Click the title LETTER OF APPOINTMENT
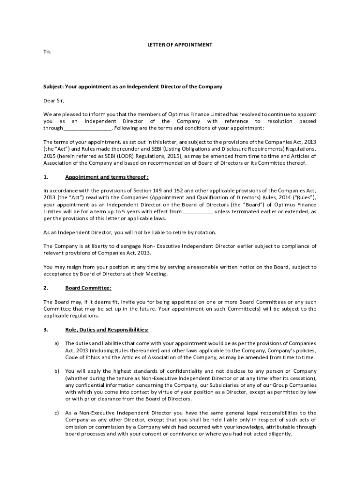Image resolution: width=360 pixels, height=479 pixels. pyautogui.click(x=180, y=45)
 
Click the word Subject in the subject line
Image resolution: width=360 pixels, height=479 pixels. pyautogui.click(x=53, y=87)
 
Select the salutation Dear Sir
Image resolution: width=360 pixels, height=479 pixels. pyautogui.click(x=54, y=101)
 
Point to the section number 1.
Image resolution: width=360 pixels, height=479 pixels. pyautogui.click(x=46, y=177)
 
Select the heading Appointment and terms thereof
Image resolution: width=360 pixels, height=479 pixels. pyautogui.click(x=107, y=177)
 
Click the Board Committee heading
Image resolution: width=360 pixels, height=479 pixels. pyautogui.click(x=88, y=288)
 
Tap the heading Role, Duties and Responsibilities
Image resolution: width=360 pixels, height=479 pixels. pyautogui.click(x=107, y=330)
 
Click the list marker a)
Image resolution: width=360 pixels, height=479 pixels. pyautogui.click(x=57, y=343)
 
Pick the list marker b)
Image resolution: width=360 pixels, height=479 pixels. pyautogui.click(x=57, y=371)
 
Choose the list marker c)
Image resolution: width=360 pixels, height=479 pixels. pyautogui.click(x=57, y=413)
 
